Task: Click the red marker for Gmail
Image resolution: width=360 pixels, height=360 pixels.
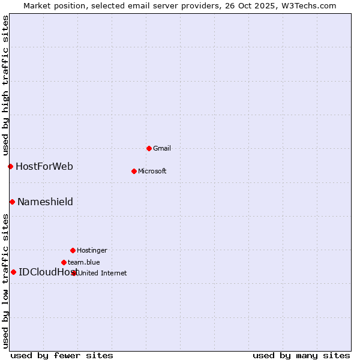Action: click(x=149, y=148)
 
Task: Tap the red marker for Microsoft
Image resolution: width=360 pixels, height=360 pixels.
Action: click(x=134, y=171)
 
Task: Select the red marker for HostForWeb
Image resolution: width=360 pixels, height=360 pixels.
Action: click(x=10, y=166)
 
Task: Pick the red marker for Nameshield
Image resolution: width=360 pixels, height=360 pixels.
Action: click(x=12, y=202)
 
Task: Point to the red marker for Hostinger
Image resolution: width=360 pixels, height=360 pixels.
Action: click(x=73, y=250)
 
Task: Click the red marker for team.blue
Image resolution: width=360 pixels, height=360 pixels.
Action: click(x=64, y=262)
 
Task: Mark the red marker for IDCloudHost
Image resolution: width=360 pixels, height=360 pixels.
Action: click(x=13, y=272)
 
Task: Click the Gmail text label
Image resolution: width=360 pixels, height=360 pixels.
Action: click(x=162, y=148)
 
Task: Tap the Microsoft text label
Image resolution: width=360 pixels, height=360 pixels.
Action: click(x=152, y=171)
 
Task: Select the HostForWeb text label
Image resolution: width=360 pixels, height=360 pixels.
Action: click(x=44, y=166)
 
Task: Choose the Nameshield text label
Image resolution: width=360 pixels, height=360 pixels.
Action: click(x=45, y=202)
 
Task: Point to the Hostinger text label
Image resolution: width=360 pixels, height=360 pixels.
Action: click(x=92, y=250)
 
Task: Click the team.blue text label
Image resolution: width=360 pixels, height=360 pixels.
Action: click(x=84, y=262)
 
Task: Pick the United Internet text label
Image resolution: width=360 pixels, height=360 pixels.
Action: click(x=103, y=273)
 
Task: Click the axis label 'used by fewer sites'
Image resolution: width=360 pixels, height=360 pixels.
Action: click(x=62, y=355)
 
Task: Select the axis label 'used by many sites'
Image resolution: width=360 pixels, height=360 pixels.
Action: click(x=301, y=355)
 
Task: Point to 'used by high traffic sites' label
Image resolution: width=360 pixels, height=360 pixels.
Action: click(x=5, y=85)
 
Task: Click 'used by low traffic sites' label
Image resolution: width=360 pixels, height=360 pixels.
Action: click(x=5, y=280)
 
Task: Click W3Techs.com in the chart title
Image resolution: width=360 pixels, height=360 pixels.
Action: click(x=309, y=5)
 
